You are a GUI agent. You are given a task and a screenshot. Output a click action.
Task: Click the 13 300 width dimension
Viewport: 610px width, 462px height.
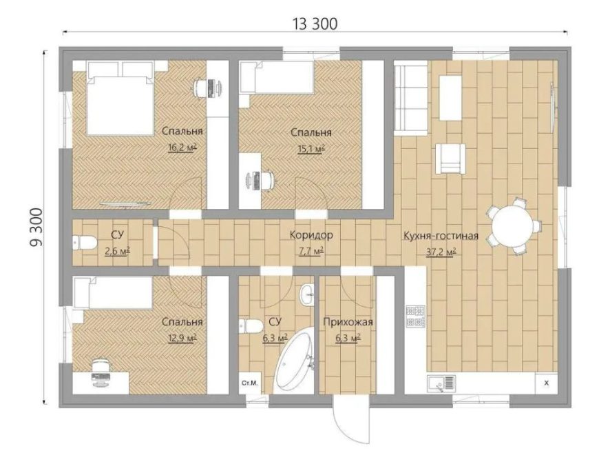(x=315, y=24)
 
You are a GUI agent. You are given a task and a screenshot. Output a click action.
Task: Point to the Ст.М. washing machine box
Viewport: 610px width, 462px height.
(x=250, y=383)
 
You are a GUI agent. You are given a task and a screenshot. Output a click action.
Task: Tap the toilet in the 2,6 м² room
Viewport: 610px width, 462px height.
(x=85, y=243)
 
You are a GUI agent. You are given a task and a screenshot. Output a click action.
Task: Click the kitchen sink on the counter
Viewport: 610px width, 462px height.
(x=441, y=383)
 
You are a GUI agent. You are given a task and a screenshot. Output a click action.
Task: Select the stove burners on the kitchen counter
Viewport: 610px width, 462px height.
(x=415, y=316)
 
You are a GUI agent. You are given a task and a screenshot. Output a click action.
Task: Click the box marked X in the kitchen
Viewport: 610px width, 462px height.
(x=546, y=383)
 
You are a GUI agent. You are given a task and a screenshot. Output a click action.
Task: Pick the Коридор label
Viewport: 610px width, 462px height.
(x=311, y=235)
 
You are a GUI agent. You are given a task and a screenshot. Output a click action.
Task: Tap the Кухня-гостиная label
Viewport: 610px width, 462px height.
(x=441, y=236)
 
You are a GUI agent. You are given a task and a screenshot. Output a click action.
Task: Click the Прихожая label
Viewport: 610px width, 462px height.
(x=348, y=322)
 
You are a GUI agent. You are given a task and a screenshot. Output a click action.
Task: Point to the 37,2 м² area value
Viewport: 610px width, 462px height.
(x=441, y=252)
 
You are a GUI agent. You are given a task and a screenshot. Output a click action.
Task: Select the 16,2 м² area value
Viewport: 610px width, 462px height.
(x=182, y=148)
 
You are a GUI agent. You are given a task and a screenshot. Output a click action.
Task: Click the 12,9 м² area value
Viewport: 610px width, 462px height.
(x=182, y=338)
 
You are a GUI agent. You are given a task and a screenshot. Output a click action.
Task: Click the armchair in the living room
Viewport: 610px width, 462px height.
(x=450, y=158)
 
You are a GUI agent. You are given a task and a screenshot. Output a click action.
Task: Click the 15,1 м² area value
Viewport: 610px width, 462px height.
(x=311, y=148)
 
